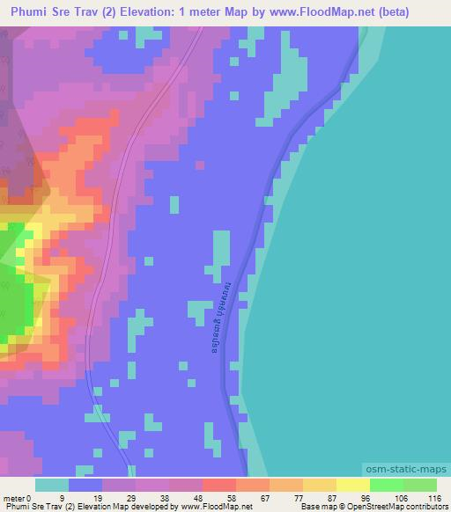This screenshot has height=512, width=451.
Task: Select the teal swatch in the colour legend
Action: [52, 486]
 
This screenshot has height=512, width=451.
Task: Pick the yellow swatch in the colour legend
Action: [352, 486]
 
